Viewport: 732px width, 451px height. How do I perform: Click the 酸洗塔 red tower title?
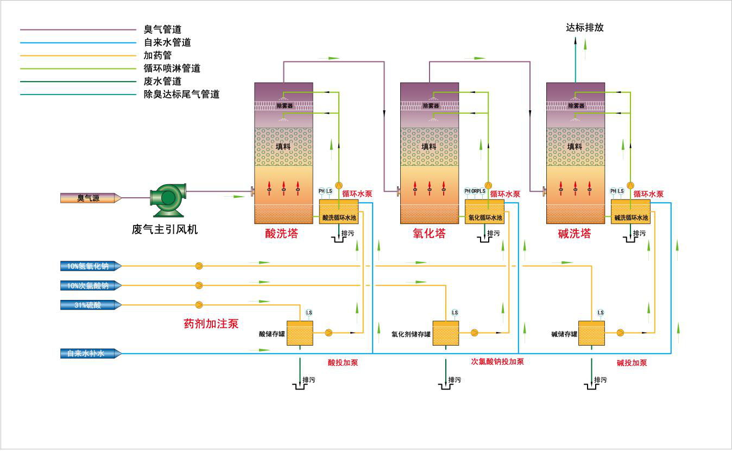tap(281, 234)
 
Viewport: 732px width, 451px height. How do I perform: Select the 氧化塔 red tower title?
tap(429, 234)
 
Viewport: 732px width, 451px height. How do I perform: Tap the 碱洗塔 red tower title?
tap(575, 234)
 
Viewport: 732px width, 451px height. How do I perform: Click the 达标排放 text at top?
tap(584, 28)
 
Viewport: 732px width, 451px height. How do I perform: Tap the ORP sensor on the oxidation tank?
tap(475, 191)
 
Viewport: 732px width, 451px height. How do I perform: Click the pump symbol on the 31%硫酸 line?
tap(199, 305)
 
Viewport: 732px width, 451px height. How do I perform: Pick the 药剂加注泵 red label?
tap(211, 324)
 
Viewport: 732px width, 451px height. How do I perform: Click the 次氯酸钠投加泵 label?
tap(497, 361)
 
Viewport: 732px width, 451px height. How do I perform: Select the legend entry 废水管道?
tap(162, 82)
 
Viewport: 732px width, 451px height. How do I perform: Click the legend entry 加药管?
tap(157, 55)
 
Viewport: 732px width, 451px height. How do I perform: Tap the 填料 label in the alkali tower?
tap(575, 146)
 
